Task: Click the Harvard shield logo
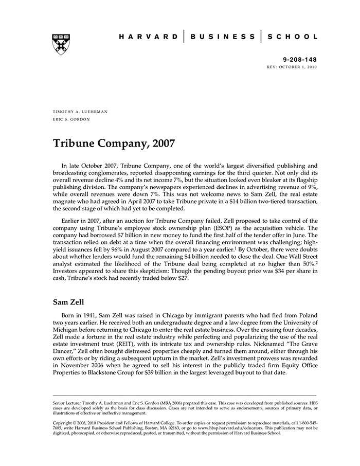(x=61, y=44)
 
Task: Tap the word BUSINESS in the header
(x=222, y=37)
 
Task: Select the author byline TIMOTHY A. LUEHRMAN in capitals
(x=80, y=111)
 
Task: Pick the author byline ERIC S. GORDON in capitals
(x=71, y=119)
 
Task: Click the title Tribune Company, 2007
(x=114, y=143)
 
